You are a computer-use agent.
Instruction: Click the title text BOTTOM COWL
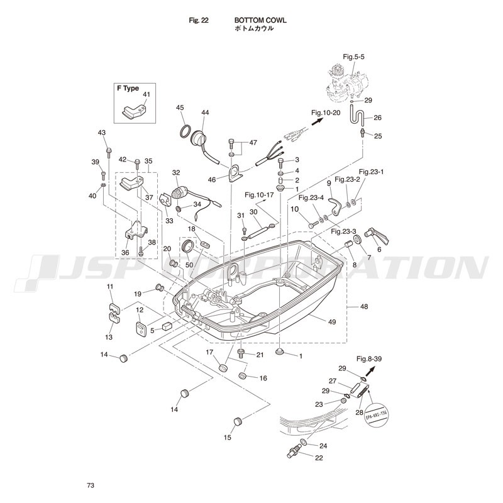[x=260, y=20]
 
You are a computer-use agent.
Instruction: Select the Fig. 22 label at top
[x=199, y=20]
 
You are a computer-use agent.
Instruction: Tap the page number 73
[x=91, y=485]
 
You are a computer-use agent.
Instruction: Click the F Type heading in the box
[x=128, y=89]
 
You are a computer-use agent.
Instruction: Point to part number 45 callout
[x=180, y=108]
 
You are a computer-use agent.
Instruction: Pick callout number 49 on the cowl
[x=332, y=321]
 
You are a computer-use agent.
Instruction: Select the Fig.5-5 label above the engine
[x=353, y=57]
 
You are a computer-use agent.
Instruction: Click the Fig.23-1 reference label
[x=371, y=171]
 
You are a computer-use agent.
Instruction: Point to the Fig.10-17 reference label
[x=260, y=194]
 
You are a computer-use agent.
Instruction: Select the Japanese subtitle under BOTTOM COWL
[x=254, y=29]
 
